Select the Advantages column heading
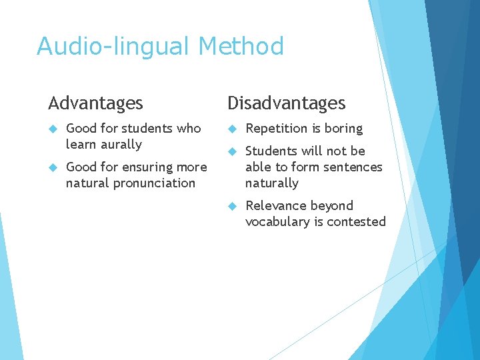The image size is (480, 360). click(95, 103)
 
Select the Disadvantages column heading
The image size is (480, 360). click(287, 103)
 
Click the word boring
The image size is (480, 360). click(343, 129)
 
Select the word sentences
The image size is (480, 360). click(350, 167)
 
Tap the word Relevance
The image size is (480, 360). click(276, 206)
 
